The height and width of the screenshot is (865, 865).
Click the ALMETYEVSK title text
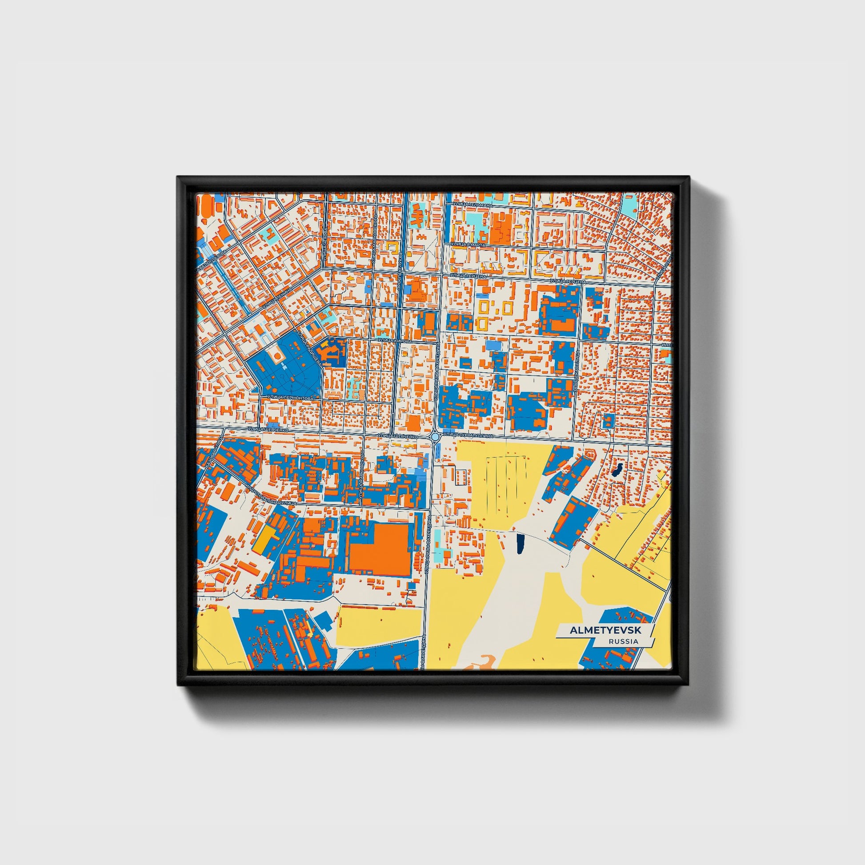point(605,630)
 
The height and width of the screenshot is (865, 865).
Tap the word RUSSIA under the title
point(623,641)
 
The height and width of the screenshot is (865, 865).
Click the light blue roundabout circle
point(434,436)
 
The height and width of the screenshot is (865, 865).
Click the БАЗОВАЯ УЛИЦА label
point(214,453)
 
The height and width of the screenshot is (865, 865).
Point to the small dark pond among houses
point(618,470)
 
